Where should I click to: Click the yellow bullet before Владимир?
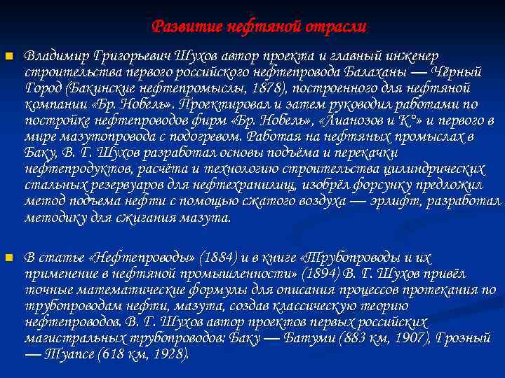coord(8,55)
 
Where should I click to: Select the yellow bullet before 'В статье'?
coord(8,258)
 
